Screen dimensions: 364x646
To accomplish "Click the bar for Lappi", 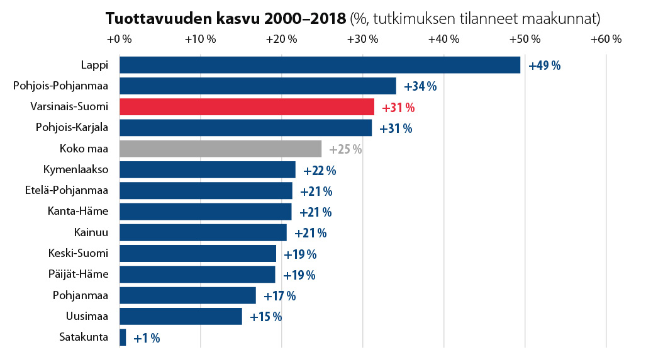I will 320,65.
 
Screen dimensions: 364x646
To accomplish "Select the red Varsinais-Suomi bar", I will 247,107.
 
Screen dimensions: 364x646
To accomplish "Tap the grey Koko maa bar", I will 220,149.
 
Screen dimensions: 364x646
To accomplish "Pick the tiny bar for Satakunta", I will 123,338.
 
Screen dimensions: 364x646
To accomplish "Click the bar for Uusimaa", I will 181,316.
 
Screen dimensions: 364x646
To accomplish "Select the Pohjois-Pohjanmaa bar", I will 258,86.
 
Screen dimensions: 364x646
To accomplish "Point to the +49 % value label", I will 545,65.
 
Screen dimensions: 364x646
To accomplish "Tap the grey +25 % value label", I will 345,149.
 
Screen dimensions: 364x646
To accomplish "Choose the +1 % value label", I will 147,338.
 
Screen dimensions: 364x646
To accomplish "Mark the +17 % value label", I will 279,296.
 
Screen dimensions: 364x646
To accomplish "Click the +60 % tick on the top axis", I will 606,39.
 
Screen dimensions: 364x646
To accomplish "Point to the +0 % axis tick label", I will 119,39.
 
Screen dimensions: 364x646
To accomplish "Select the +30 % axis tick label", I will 362,39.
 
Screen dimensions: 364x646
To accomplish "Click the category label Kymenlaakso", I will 75,169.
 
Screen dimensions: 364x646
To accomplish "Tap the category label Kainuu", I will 91,232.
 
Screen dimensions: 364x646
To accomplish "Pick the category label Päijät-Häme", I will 78,274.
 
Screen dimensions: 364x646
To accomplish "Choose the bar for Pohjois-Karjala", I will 245,128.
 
